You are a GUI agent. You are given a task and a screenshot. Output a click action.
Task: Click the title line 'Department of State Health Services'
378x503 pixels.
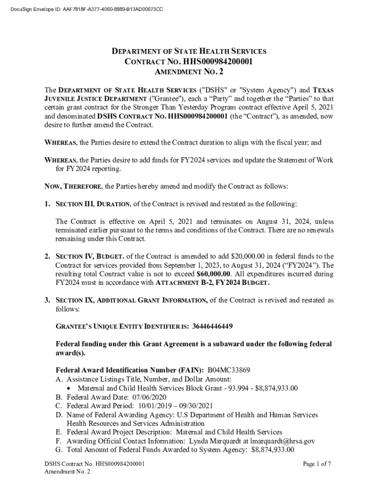pos(189,51)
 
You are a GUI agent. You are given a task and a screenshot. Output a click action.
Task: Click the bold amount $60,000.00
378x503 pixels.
pos(213,274)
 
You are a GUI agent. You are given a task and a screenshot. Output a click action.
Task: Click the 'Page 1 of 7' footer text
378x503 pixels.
pos(317,464)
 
